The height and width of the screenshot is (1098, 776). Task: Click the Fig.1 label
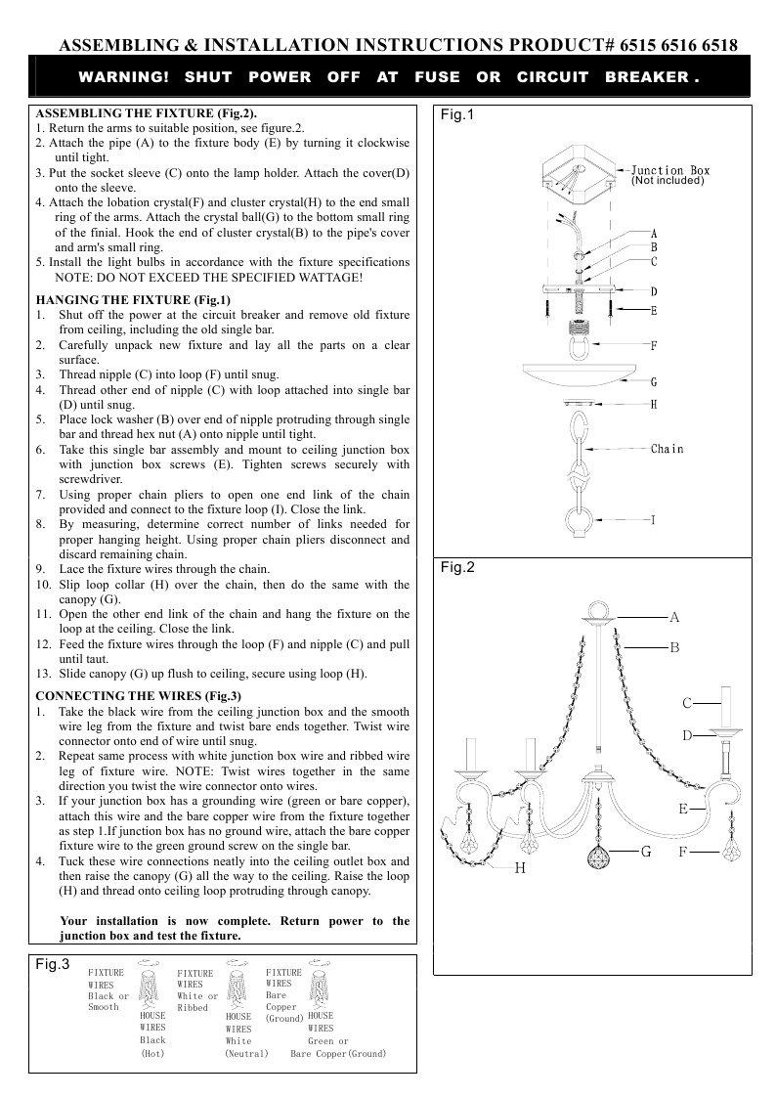pos(456,115)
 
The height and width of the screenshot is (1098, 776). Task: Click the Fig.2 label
pos(456,567)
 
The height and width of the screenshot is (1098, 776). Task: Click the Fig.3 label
pos(52,964)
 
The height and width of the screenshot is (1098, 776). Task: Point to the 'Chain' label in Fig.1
pos(668,449)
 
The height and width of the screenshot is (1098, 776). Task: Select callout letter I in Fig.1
pos(653,519)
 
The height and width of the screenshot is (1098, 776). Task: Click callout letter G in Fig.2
pos(646,852)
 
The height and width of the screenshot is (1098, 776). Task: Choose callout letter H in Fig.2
pos(520,868)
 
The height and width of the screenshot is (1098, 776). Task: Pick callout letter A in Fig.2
pos(674,617)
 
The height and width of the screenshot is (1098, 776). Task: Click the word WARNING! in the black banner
pos(124,76)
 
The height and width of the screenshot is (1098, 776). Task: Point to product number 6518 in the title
pos(718,45)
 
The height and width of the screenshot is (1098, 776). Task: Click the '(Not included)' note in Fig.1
pos(668,181)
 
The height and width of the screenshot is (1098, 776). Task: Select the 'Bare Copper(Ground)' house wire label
pos(338,1053)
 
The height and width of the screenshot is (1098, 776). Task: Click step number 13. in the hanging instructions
pos(44,674)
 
